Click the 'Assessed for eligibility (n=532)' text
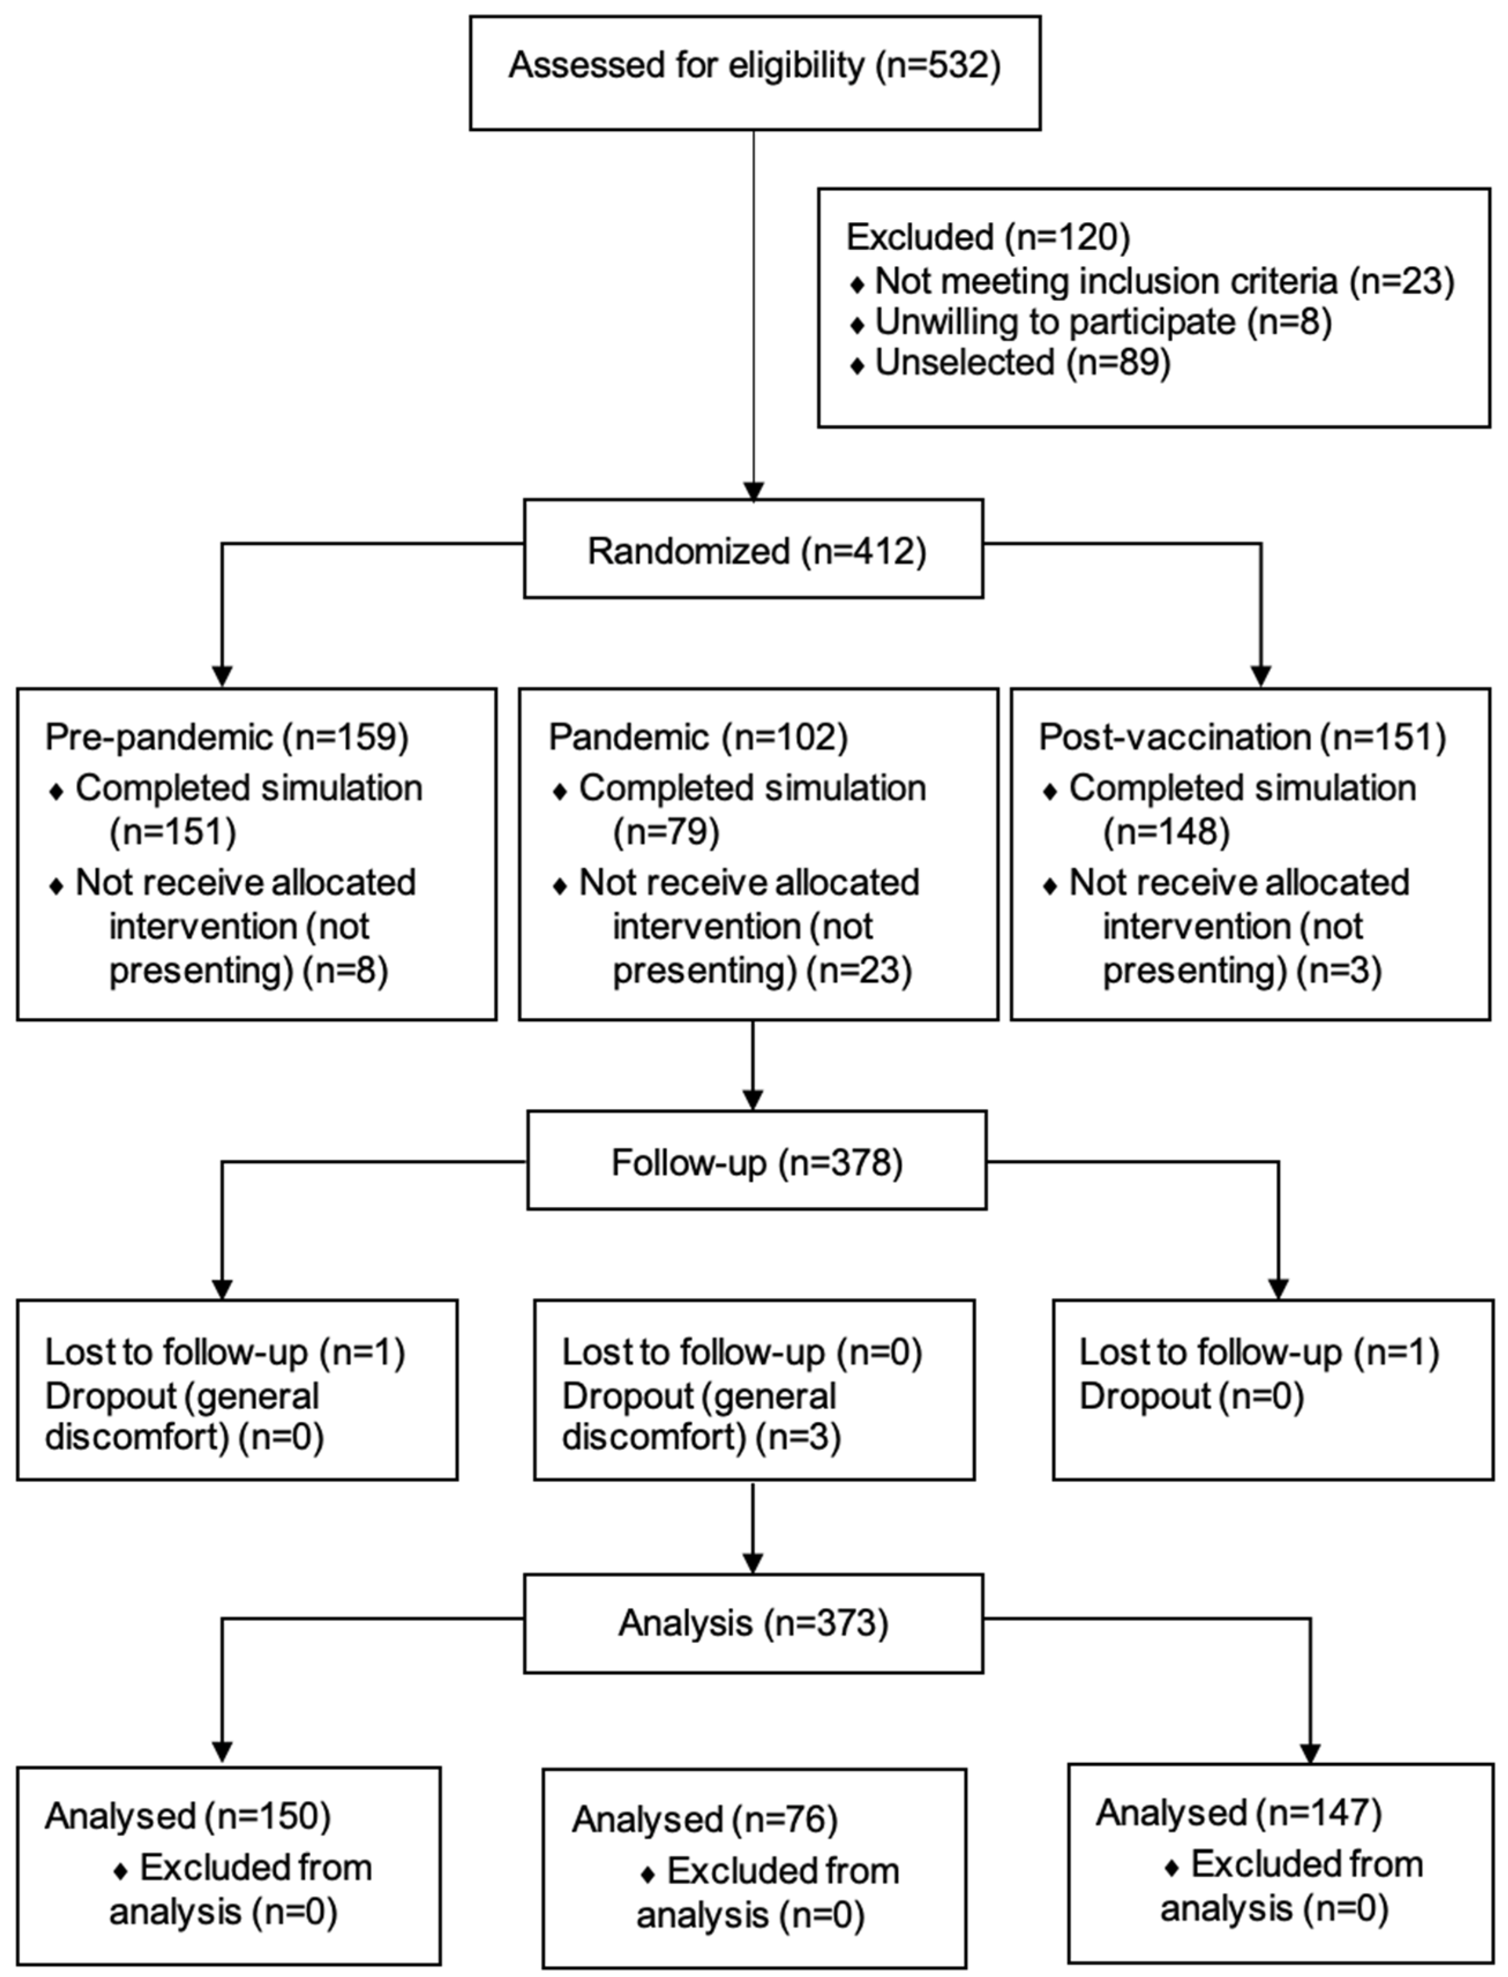[x=754, y=66]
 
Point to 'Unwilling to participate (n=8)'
[x=1102, y=321]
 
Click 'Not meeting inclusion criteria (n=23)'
[x=1164, y=281]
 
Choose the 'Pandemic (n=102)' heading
[x=697, y=737]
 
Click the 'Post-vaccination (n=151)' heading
[x=1241, y=737]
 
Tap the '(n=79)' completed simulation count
[x=666, y=832]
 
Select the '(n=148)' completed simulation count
[x=1165, y=832]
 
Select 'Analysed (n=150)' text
[x=187, y=1817]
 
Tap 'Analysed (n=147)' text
[x=1238, y=1813]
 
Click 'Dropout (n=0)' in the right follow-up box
[x=1190, y=1396]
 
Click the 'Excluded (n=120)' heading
[x=988, y=237]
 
